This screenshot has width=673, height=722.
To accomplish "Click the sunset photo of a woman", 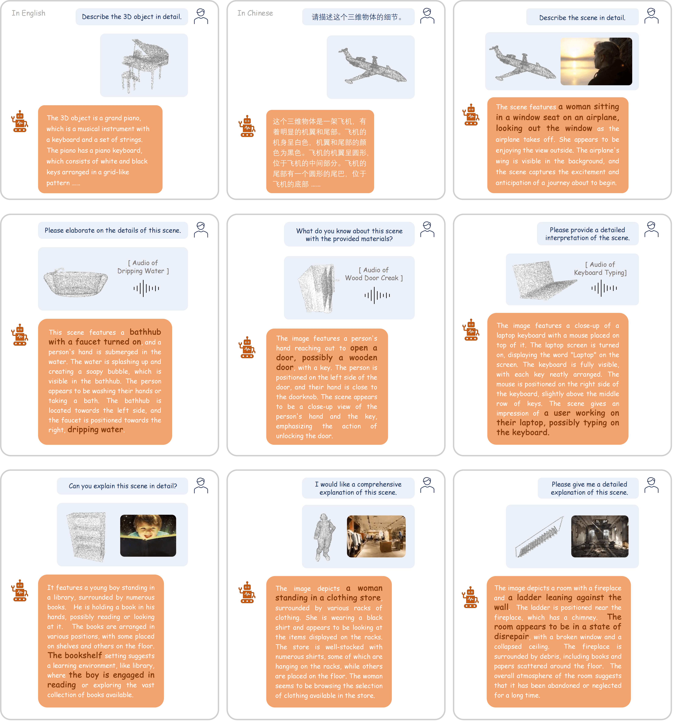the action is coord(596,61).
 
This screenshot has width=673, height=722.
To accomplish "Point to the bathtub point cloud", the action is coord(75,282).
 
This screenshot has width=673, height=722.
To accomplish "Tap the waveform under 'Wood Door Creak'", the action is coord(377,295).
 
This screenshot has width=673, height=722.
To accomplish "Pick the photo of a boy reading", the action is coord(148,535).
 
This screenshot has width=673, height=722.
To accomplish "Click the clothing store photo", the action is coord(376,536).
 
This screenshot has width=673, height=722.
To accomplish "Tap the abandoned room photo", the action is coord(600,536).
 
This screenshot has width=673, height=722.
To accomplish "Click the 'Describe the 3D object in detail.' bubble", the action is coord(132,17).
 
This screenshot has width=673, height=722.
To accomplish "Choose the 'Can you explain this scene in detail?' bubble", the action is coord(123,486).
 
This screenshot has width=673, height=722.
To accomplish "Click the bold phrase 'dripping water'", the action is coord(95,430).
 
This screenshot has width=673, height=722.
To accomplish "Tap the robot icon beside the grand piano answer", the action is coord(20,121).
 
